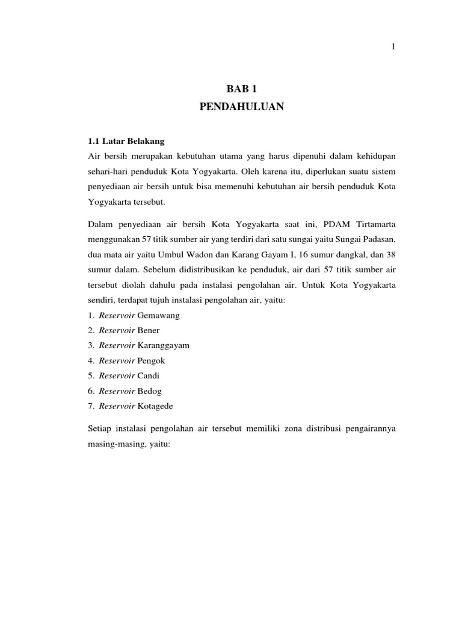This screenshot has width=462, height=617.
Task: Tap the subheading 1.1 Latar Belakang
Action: coord(126,142)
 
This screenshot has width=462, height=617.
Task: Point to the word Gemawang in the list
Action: coord(159,315)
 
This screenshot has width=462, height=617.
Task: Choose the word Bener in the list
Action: coord(149,330)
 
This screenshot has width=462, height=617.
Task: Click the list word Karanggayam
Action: coord(164,345)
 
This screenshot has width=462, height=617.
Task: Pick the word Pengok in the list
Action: coord(152,360)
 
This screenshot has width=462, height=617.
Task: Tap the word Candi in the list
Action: coord(150,375)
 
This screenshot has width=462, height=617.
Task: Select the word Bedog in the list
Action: coord(150,391)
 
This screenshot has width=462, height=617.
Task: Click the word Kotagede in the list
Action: coord(155,406)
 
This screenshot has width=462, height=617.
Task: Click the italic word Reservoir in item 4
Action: coord(117,360)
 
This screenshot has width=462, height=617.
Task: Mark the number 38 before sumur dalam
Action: coord(391,254)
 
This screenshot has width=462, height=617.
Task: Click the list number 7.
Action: coord(91,406)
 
